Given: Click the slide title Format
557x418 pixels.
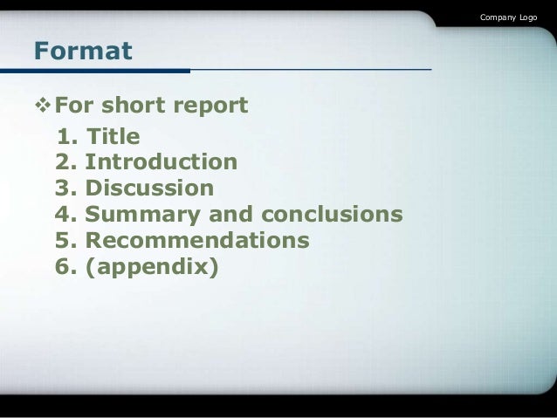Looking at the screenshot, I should (x=83, y=51).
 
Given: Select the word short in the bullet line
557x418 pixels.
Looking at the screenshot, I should (x=136, y=106).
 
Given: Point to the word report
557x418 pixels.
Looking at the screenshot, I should (x=212, y=107).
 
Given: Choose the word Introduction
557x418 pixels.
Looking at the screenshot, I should (x=161, y=162).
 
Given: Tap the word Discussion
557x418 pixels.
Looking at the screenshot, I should (x=149, y=188).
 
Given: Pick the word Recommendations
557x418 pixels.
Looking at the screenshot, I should (x=197, y=239).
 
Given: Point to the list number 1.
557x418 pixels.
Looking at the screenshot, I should (x=66, y=137).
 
